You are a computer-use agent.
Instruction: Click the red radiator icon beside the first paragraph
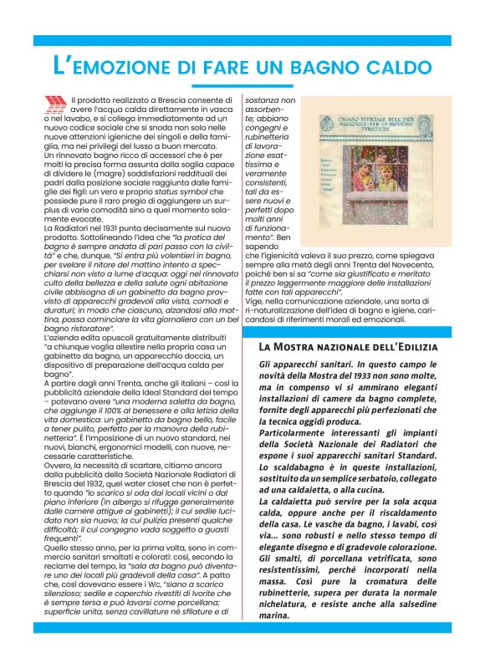(x=55, y=105)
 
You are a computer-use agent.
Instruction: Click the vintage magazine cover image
(x=362, y=172)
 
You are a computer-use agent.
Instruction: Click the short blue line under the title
(x=242, y=85)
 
